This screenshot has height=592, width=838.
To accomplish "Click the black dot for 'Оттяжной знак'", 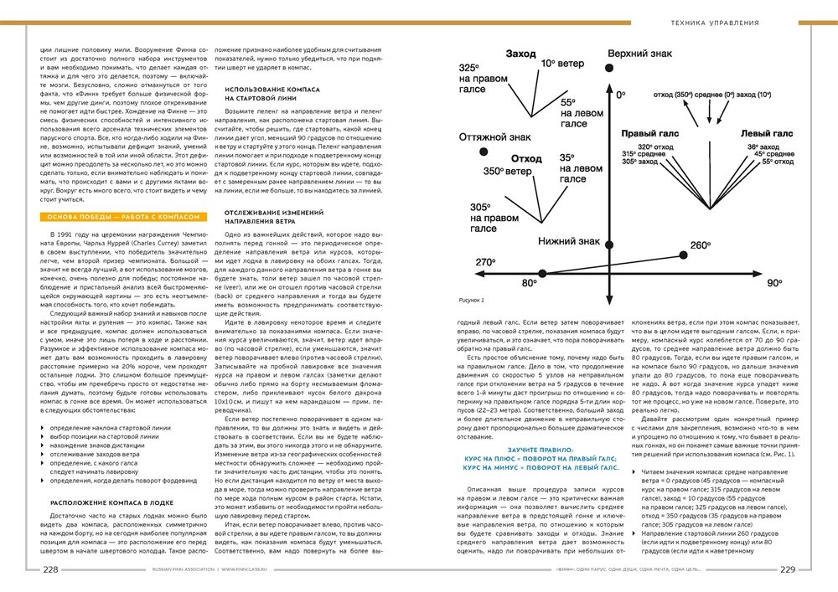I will click(484, 151).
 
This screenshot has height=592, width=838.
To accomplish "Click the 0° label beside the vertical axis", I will click(621, 96).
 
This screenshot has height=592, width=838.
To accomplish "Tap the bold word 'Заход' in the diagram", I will click(520, 54).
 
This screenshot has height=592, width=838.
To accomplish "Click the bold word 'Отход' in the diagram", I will click(526, 157).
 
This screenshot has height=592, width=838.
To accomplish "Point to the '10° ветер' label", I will click(561, 63).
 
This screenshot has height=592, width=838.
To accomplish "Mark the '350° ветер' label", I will click(508, 172).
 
